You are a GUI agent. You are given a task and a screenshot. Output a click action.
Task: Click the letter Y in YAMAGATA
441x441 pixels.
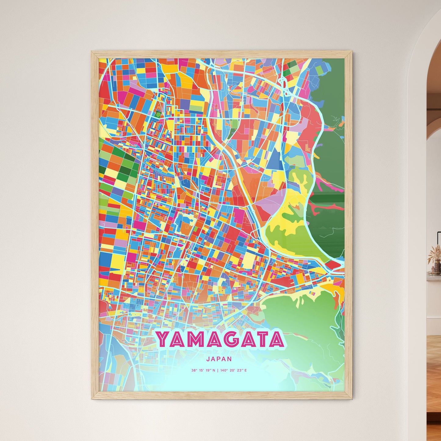pos(164,339)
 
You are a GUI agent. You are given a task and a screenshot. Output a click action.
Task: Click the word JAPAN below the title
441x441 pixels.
pos(219,359)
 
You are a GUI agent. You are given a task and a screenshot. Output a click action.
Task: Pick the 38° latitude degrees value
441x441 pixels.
pos(194,371)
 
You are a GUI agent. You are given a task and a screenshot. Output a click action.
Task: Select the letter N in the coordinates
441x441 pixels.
pos(214,371)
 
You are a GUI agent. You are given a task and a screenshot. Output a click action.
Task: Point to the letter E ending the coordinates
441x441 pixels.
pos(245,371)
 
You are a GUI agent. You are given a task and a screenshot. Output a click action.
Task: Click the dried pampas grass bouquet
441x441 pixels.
pos(434,255)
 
